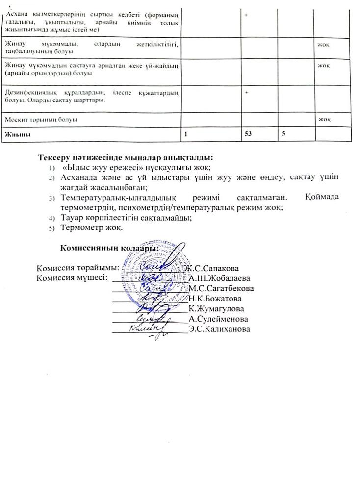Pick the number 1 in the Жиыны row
(185, 134)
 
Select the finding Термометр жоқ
(92, 227)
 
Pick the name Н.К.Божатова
(215, 298)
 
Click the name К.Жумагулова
(216, 308)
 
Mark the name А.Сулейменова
(218, 319)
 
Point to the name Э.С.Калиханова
(219, 329)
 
